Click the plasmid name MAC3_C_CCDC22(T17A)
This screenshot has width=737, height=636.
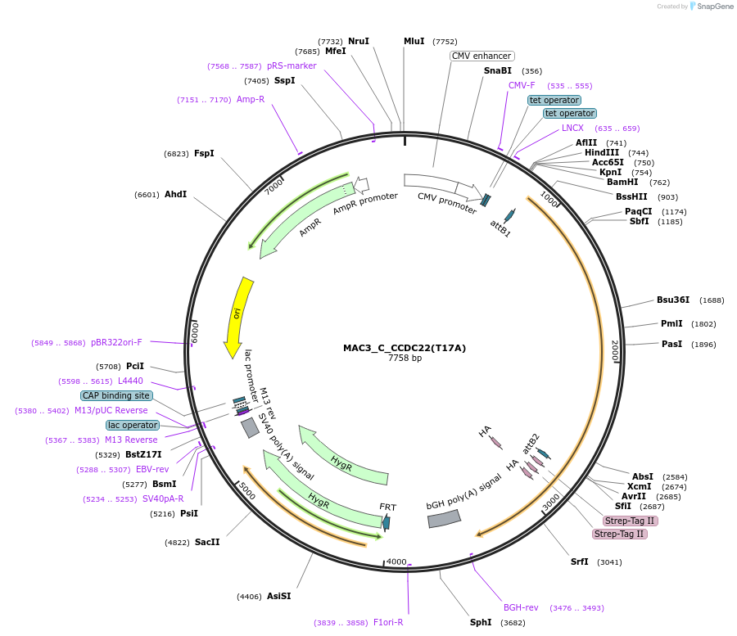point(405,348)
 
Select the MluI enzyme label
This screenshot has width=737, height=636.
point(414,41)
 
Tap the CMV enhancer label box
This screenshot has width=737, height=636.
point(482,56)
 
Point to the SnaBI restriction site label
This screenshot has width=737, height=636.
point(498,70)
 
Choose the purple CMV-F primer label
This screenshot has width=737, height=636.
point(522,85)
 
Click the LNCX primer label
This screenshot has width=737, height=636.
point(572,128)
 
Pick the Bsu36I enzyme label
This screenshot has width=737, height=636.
point(673,300)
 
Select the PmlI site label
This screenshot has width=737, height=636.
point(671,323)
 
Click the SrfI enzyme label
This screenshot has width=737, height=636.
point(580,562)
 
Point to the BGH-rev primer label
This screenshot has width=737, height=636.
point(521,607)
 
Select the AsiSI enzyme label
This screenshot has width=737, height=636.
point(278,596)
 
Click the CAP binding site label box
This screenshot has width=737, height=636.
point(116,395)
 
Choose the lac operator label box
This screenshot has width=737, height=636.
point(132,425)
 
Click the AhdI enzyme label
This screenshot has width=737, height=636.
point(175,194)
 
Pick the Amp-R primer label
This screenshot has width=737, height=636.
point(251,99)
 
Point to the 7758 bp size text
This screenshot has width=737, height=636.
point(405,359)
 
